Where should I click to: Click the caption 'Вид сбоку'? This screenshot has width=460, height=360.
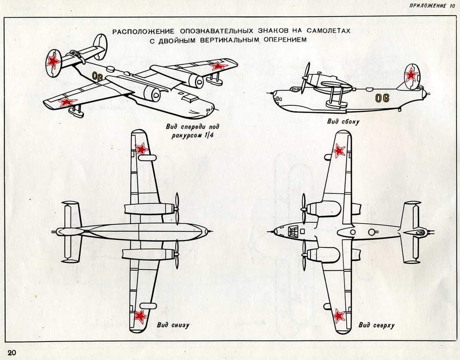pos(343,121)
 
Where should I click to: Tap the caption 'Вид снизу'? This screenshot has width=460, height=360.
pos(173,325)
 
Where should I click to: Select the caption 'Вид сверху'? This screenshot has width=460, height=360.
pos(376,325)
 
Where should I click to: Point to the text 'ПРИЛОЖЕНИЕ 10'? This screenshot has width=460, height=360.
pos(432,6)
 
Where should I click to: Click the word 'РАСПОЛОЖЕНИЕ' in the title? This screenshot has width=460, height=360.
pos(144,31)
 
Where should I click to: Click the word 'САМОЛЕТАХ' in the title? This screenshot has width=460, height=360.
pos(326,31)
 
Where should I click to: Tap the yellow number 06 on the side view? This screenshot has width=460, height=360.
pos(382,98)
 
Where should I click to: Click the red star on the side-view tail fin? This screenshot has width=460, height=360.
pos(411,75)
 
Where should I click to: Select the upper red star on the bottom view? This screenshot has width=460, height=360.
pos(142,149)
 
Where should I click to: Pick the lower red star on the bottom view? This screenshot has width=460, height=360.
pos(140,316)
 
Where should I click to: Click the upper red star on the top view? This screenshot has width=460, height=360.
pos(339,150)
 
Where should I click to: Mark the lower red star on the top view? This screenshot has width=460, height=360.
pos(339,316)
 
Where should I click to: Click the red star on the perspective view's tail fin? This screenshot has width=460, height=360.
pos(54,61)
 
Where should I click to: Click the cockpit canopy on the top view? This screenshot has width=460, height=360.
pos(294,232)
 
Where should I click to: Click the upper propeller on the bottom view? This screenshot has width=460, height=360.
pos(177,208)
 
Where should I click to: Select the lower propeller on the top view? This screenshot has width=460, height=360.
pos(304,255)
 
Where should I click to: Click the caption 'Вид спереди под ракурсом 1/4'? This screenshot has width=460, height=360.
pos(189,131)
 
